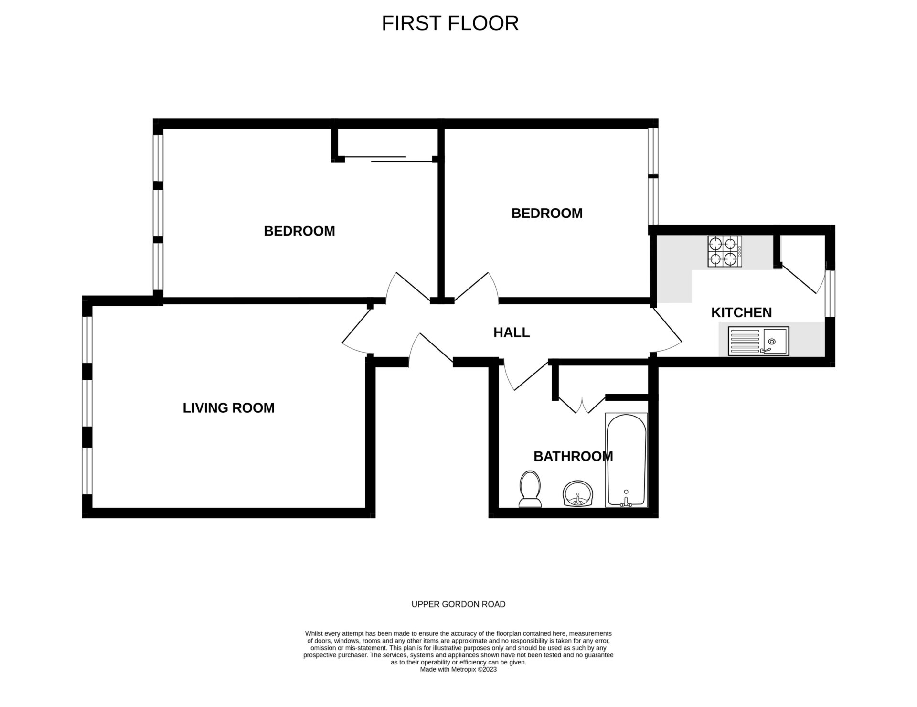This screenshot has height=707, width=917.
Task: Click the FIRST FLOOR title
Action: pyautogui.click(x=450, y=23)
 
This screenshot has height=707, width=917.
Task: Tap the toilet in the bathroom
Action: pyautogui.click(x=530, y=489)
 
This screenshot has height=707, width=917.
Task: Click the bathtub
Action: pyautogui.click(x=626, y=460)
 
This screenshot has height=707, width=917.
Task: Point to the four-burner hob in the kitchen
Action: pyautogui.click(x=725, y=251)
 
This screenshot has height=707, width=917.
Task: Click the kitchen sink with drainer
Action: pyautogui.click(x=758, y=341)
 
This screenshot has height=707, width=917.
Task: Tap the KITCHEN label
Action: pyautogui.click(x=741, y=312)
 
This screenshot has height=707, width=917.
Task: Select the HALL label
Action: pyautogui.click(x=512, y=332)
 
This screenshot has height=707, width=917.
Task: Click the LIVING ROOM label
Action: pyautogui.click(x=228, y=408)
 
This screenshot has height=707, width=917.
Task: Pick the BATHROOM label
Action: pyautogui.click(x=573, y=457)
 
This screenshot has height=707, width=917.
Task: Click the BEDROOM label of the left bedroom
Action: pyautogui.click(x=299, y=231)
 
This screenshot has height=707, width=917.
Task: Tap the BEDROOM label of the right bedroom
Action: pyautogui.click(x=547, y=213)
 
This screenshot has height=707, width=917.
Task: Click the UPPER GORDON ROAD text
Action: pyautogui.click(x=458, y=604)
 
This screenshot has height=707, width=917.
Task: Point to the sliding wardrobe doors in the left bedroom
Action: pyautogui.click(x=388, y=159)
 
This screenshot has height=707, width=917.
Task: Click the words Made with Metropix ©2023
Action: pyautogui.click(x=458, y=669)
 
